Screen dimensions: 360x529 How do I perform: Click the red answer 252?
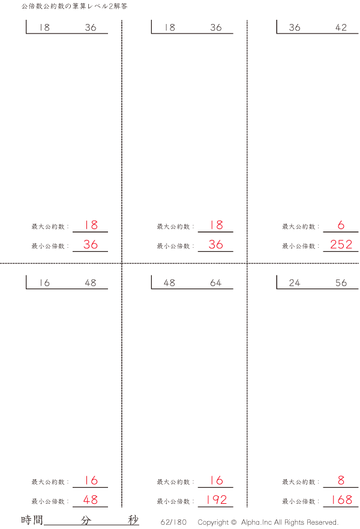(x=341, y=244)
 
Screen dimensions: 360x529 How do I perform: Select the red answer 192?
(x=216, y=500)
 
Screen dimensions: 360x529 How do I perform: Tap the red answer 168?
(x=341, y=500)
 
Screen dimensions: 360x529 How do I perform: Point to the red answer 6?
(x=341, y=225)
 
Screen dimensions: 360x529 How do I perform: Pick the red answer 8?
(x=341, y=480)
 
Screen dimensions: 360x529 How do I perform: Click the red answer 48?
(x=91, y=500)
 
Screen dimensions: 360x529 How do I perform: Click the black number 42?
(x=341, y=28)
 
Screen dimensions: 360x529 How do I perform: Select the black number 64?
(x=215, y=282)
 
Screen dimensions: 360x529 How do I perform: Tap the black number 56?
(x=341, y=282)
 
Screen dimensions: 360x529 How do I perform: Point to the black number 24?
(x=294, y=282)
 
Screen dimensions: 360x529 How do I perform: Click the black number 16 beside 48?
(x=44, y=282)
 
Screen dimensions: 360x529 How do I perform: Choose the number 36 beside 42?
(x=294, y=28)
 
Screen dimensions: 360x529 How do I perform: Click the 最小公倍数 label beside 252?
(x=299, y=247)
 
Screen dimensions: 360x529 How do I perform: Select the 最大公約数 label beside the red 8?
(x=299, y=482)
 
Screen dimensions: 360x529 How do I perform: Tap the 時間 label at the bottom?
(x=32, y=519)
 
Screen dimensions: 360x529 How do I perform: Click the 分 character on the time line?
(x=86, y=520)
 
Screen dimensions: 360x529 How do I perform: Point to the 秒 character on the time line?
(x=133, y=520)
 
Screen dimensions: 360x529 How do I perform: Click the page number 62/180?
(x=173, y=522)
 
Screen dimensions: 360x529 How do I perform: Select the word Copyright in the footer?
(x=213, y=522)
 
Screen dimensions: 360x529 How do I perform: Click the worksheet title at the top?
(x=74, y=7)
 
